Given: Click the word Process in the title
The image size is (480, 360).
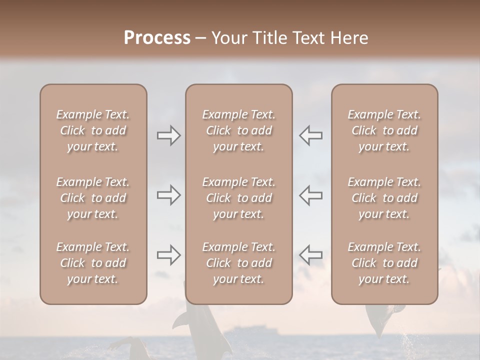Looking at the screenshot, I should (157, 37).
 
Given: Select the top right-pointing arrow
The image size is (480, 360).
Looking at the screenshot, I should (168, 135).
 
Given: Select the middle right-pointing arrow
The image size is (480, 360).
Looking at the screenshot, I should (168, 195).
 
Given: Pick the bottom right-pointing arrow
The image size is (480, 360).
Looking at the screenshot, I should (168, 255).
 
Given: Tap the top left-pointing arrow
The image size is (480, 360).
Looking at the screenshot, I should (310, 135).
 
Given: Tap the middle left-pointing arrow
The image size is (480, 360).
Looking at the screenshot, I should (310, 195).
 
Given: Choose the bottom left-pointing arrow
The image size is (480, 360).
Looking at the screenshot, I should (310, 255).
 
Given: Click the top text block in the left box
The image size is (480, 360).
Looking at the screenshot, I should (93, 130).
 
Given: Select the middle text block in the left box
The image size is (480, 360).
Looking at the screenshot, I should (93, 198).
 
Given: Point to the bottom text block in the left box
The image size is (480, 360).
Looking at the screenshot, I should (93, 263).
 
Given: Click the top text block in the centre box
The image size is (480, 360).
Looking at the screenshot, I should (239, 130).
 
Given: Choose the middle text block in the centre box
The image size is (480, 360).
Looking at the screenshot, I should (239, 198).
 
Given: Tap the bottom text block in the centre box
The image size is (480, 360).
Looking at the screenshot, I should (239, 263).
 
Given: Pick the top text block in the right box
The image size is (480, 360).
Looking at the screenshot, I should (384, 130).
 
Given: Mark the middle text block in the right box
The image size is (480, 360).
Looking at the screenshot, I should (384, 198).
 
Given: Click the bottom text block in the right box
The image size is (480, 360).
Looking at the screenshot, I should (384, 263).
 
